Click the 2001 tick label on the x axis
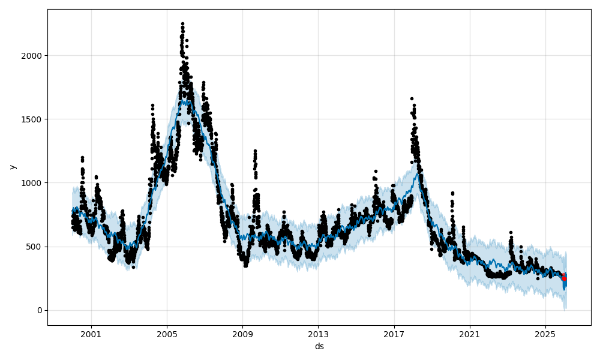tap(91, 334)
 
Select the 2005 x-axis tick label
tap(167, 334)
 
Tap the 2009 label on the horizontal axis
tap(242, 334)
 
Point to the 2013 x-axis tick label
tap(318, 334)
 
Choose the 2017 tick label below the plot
tap(394, 334)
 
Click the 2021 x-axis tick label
tap(470, 334)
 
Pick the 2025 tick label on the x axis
tap(545, 334)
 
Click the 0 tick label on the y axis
tap(40, 310)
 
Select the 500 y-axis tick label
tap(35, 247)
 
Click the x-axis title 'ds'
tap(319, 346)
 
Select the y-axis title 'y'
tap(13, 167)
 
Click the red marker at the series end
tap(564, 278)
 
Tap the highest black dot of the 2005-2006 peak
tap(182, 23)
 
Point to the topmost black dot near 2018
tap(412, 98)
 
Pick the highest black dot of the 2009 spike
tap(255, 151)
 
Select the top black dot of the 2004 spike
tap(152, 105)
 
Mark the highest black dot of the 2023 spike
tap(511, 232)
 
